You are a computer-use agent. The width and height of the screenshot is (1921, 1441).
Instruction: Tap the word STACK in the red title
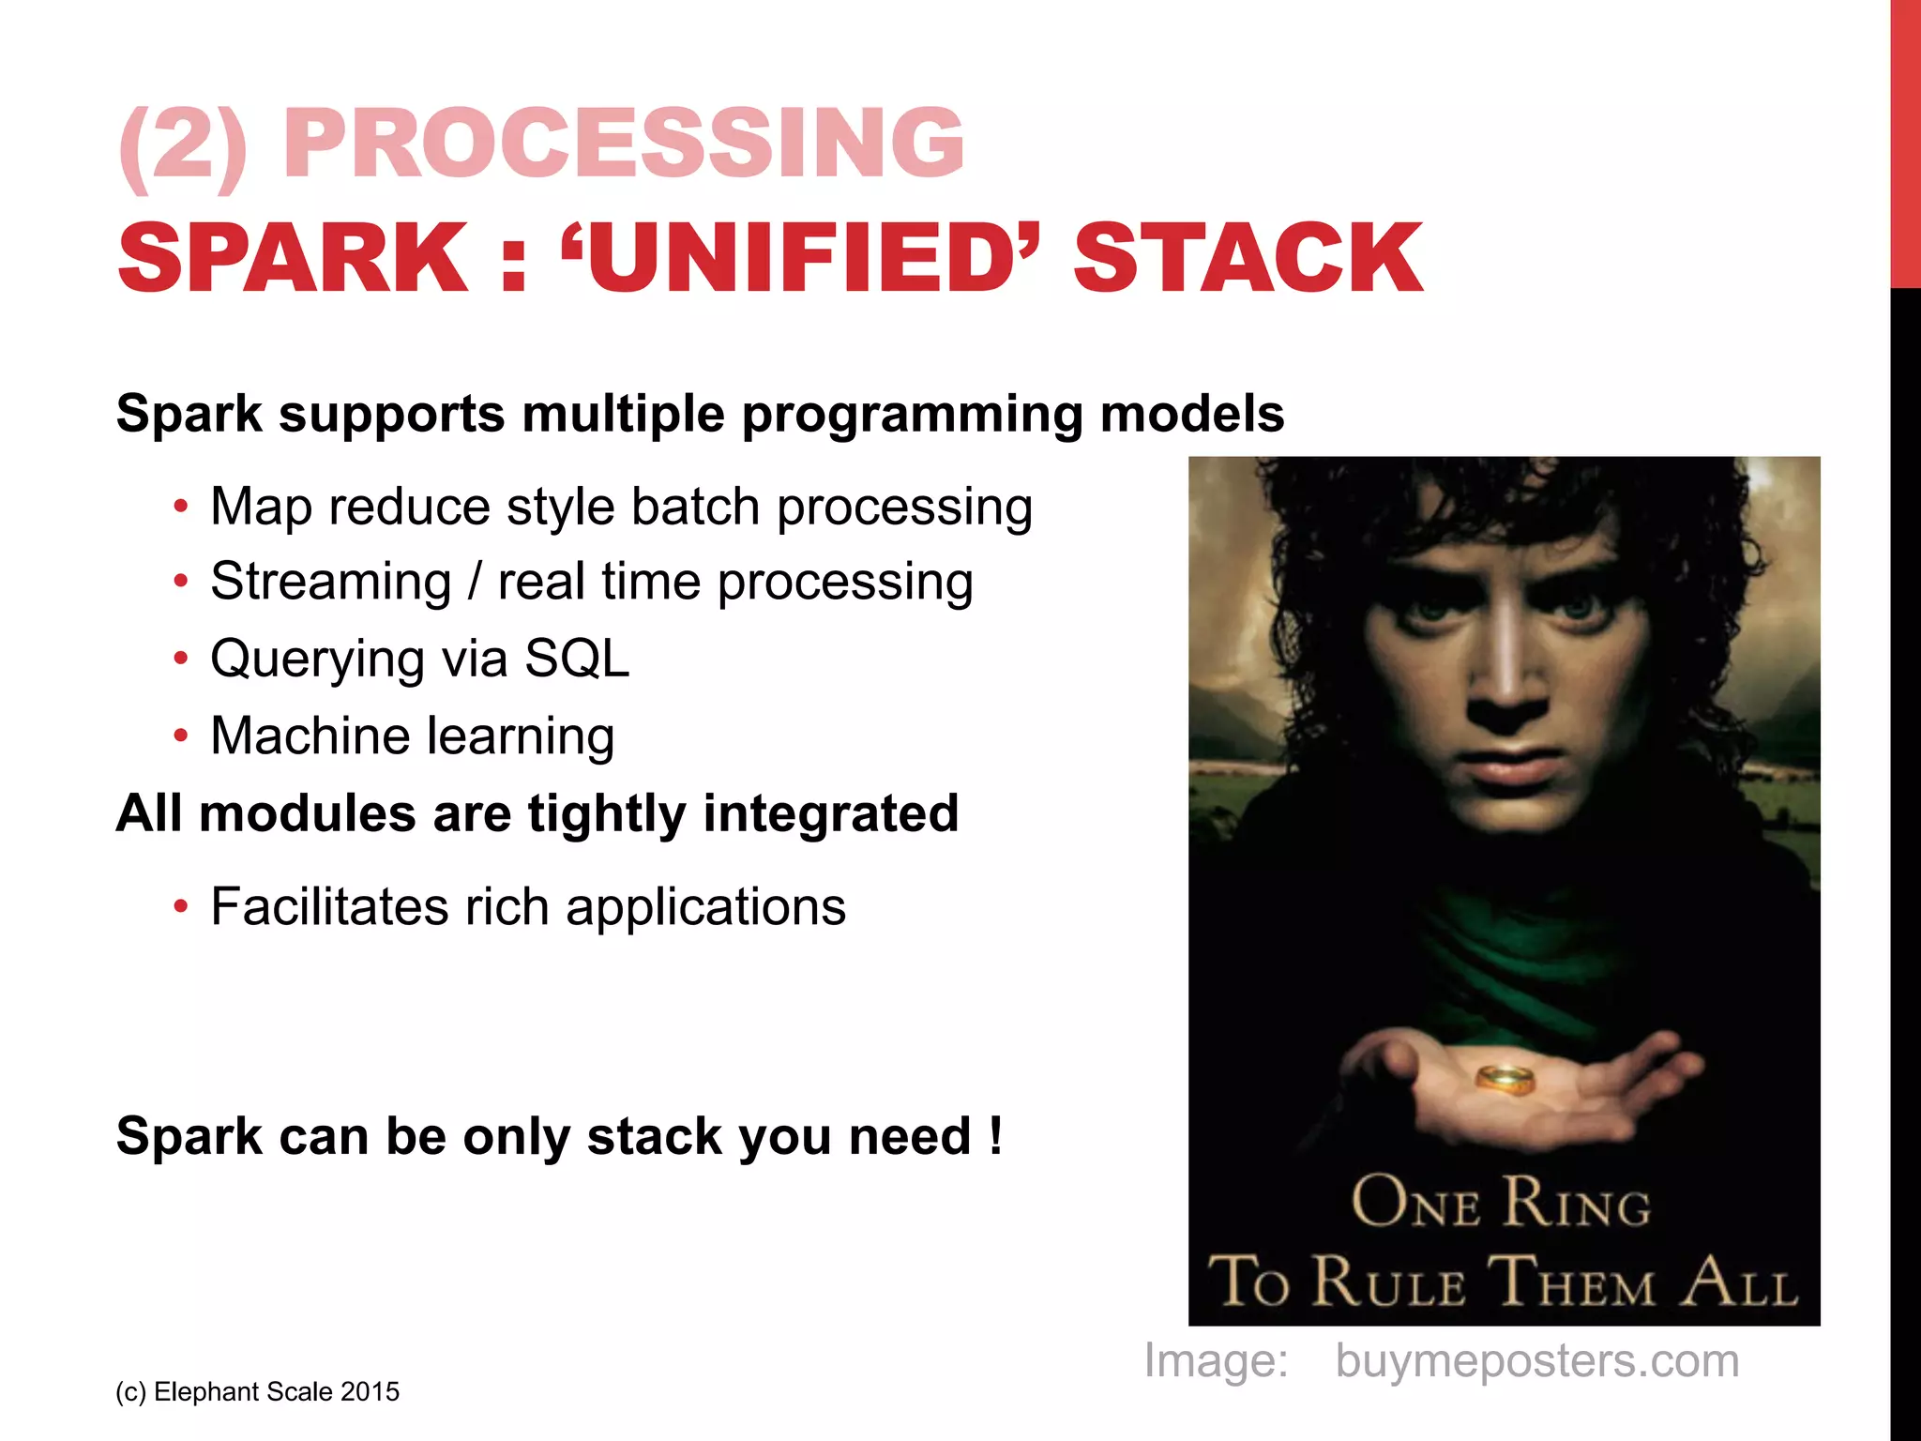[x=1248, y=258]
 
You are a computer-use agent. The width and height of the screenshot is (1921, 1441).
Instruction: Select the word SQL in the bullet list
[x=576, y=658]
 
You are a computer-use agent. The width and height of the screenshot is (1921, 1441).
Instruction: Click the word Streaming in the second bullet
[x=331, y=581]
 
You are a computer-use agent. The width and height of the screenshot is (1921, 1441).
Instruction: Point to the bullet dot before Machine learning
[x=181, y=736]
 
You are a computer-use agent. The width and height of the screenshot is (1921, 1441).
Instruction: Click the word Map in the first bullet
[x=261, y=507]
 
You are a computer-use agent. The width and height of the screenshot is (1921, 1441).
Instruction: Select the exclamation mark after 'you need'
[x=995, y=1135]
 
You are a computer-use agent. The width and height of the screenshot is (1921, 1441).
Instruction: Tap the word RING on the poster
[x=1576, y=1203]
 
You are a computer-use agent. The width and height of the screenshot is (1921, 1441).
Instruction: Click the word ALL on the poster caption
[x=1737, y=1282]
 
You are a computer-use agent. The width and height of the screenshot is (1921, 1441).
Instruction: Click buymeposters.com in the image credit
[x=1537, y=1360]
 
